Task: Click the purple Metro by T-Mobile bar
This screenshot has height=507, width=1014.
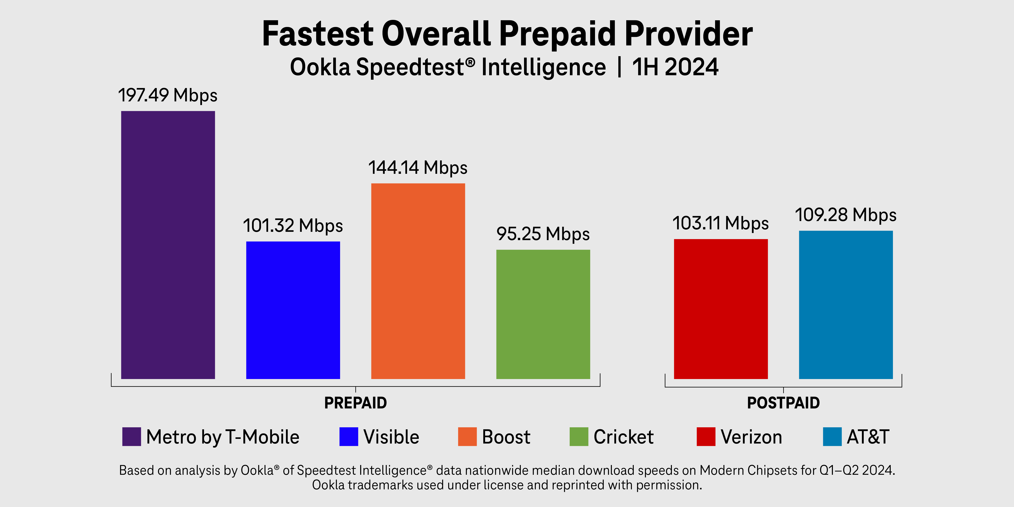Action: point(168,245)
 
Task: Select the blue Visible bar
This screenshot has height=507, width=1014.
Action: point(293,310)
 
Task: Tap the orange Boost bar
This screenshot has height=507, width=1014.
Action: point(418,281)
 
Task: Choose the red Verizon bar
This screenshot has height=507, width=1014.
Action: point(721,309)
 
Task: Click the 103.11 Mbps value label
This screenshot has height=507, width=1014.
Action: point(720,223)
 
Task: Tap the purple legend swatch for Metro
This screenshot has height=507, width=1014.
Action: point(131,437)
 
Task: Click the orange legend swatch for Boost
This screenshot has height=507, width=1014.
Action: point(467,437)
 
